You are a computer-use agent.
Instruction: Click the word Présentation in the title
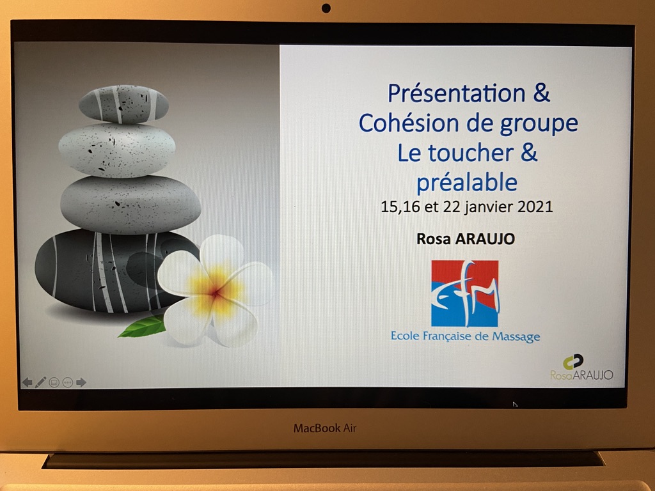point(456,93)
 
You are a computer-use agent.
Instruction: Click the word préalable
point(467,182)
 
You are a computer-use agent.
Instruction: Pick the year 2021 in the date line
point(535,207)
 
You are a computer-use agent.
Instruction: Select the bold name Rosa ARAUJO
point(466,239)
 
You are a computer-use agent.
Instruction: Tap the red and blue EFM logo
point(465,293)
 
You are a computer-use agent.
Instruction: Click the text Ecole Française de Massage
point(466,336)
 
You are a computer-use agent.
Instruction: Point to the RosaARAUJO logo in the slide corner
point(581,368)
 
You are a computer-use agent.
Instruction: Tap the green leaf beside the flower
point(143,326)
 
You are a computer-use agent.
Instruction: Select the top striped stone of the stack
point(123,104)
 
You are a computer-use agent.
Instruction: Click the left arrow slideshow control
point(27,382)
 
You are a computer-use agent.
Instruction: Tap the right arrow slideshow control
point(81,382)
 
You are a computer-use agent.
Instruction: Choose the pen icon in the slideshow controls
point(40,382)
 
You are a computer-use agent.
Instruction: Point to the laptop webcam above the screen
point(326,8)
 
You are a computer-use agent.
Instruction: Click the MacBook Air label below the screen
point(325,428)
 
